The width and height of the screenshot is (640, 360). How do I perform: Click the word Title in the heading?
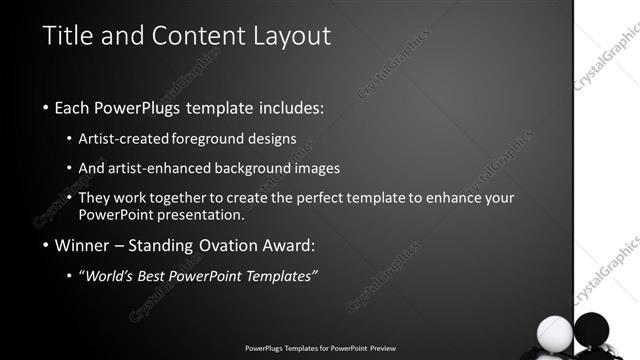(x=68, y=36)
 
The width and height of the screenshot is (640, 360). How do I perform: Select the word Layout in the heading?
(x=285, y=36)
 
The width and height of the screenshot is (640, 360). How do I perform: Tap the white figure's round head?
(x=554, y=331)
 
